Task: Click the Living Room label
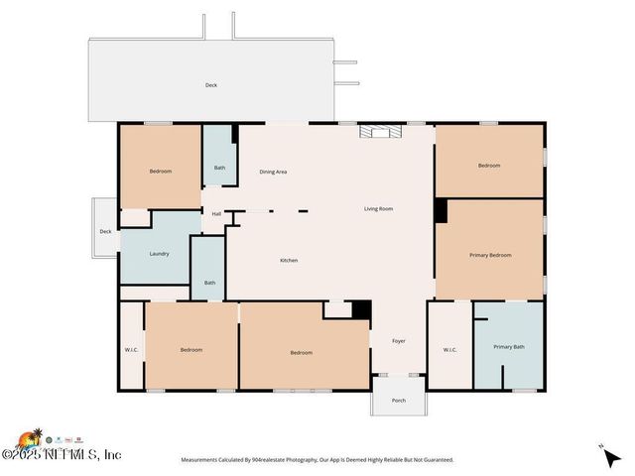(378, 208)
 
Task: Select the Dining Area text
(273, 172)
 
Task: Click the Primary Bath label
(509, 346)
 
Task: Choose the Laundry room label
(159, 253)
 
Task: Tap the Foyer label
(399, 341)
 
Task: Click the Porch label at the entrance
(399, 401)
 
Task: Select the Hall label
(216, 213)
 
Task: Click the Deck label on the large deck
(211, 85)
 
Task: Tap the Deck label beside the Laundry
(105, 231)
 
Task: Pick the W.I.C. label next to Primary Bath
(449, 349)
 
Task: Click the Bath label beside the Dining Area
(219, 167)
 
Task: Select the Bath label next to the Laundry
(209, 283)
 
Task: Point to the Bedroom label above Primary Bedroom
(489, 166)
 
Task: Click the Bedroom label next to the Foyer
(301, 352)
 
